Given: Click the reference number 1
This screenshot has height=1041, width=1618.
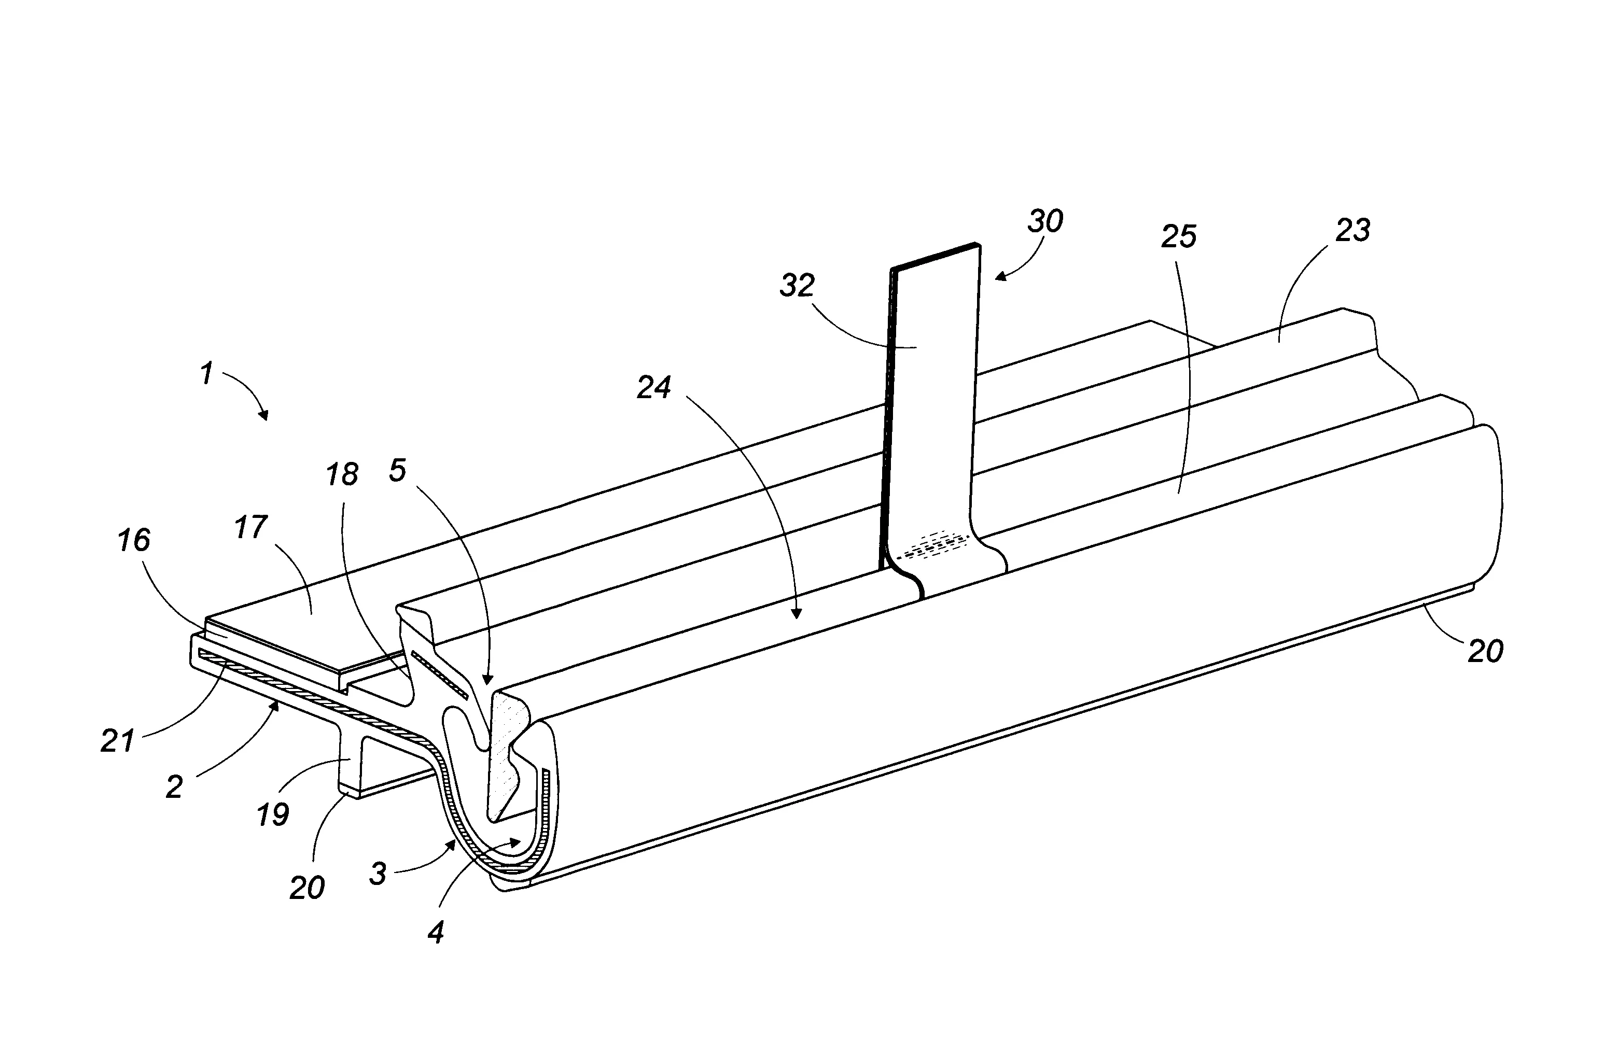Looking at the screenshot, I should tap(207, 373).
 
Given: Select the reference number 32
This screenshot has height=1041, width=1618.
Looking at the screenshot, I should tap(797, 286).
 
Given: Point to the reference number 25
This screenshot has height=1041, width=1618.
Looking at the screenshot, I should tap(1179, 236).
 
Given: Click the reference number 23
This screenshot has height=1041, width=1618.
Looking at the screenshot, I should tap(1352, 231).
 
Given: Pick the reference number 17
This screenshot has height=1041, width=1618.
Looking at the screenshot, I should tap(251, 527).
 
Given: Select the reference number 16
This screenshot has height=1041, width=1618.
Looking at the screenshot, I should tap(133, 540).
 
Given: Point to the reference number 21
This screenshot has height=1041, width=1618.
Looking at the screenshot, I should tap(118, 741).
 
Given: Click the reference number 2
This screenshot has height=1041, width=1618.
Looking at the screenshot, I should tap(174, 787).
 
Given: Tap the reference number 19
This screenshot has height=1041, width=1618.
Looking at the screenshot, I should tap(272, 814).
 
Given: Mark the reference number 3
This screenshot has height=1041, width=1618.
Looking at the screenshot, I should tap(378, 874).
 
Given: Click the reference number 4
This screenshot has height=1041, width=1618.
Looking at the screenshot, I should tap(436, 933).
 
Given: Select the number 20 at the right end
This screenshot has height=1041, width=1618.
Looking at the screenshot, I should tap(1485, 651).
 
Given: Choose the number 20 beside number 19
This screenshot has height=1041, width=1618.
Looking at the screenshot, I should tap(307, 888).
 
